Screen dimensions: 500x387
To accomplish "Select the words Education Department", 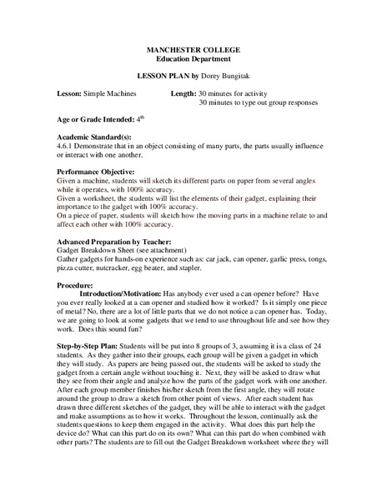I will point(193,62).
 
